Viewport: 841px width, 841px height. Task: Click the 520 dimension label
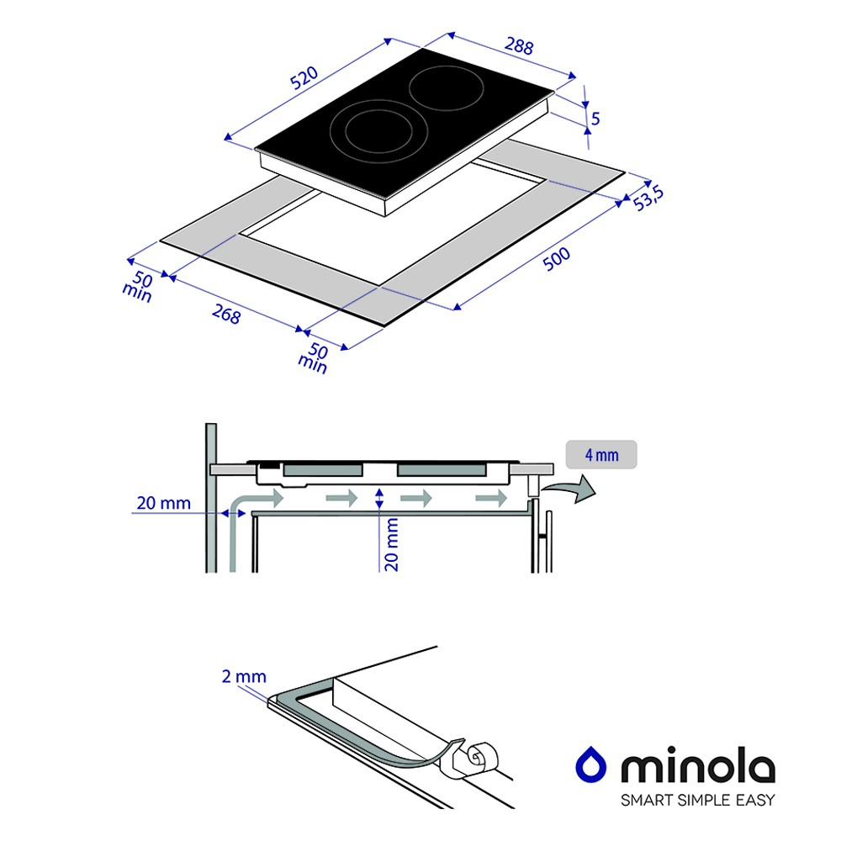pos(304,77)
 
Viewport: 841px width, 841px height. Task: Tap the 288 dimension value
pos(519,46)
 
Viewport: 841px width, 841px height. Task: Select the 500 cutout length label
pos(556,259)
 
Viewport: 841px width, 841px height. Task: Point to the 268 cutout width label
pos(225,314)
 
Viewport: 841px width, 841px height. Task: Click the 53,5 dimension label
pos(648,198)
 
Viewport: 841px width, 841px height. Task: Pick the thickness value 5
pos(595,119)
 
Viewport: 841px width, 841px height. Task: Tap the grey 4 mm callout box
pos(601,455)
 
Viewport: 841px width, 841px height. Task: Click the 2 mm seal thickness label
pos(244,676)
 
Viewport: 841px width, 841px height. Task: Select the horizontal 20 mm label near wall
pos(164,503)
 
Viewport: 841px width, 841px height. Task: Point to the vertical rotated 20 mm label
pos(392,544)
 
